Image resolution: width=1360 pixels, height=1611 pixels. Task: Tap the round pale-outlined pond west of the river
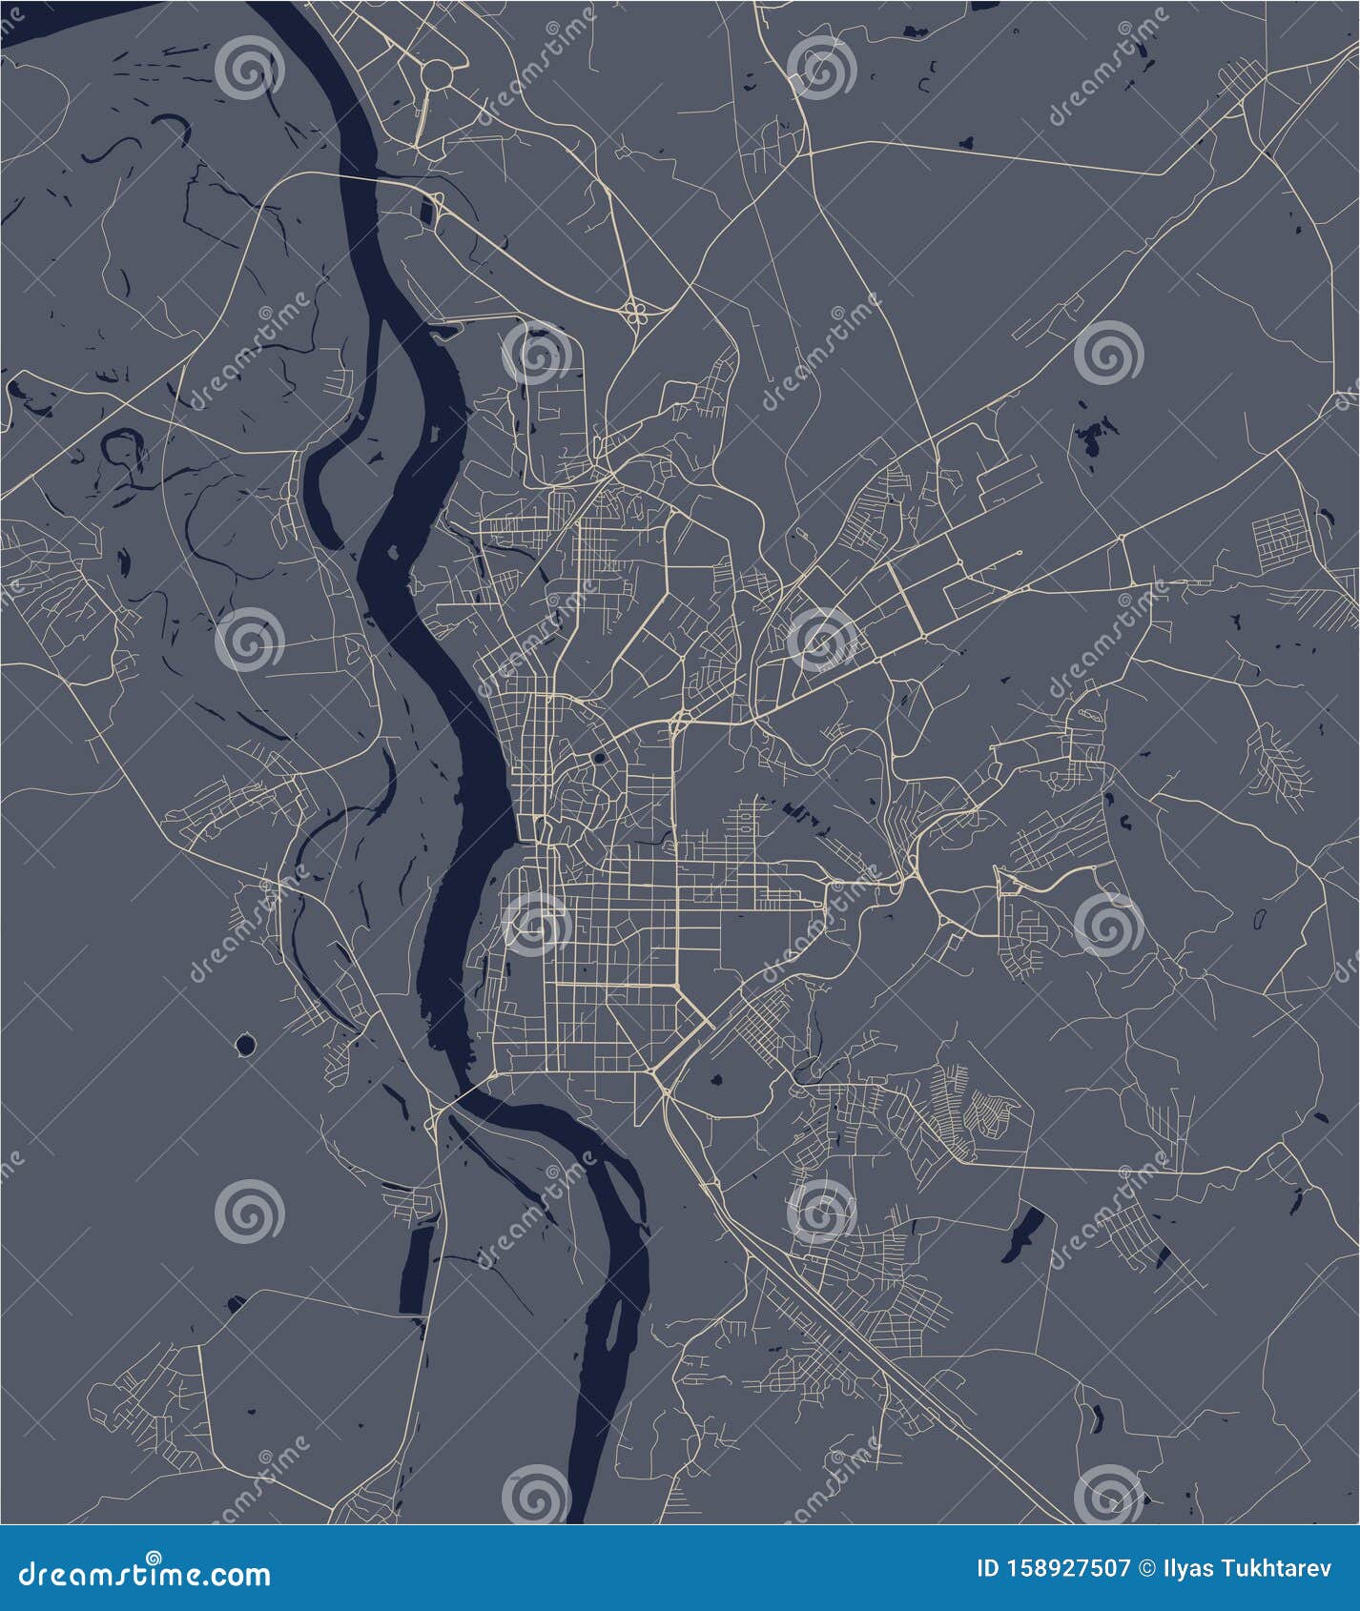pos(245,1046)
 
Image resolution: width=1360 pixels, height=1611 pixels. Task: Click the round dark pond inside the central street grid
pos(599,759)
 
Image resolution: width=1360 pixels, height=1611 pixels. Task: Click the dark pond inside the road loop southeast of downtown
pos(715,1081)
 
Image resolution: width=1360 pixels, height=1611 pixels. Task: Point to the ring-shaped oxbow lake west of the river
pos(123,445)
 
